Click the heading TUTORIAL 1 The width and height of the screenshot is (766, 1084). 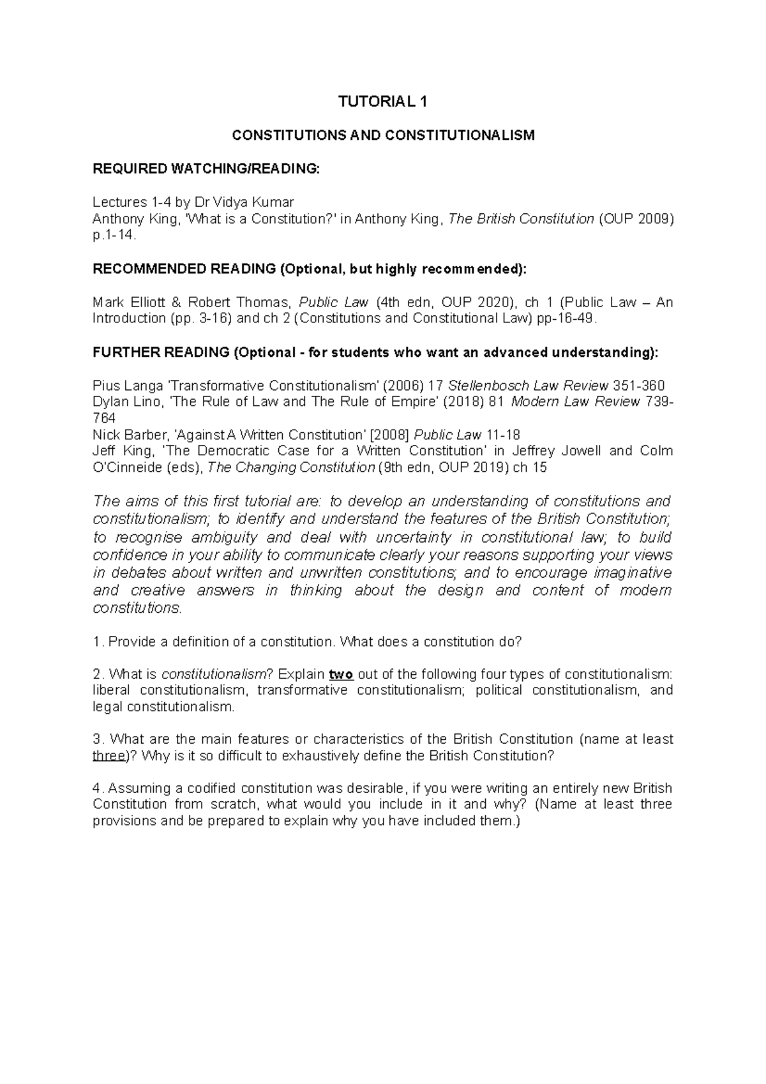pos(382,102)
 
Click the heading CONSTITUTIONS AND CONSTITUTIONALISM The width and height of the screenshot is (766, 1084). pos(382,135)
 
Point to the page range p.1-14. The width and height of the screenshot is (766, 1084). pos(114,236)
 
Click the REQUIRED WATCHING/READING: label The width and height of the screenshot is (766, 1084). pos(205,169)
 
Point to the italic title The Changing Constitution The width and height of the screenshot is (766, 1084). pos(291,467)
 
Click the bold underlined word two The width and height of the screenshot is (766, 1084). pos(342,674)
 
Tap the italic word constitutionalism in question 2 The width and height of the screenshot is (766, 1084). pos(214,674)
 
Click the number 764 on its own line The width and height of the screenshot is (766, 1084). pos(104,418)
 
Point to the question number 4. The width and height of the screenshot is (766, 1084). pos(97,788)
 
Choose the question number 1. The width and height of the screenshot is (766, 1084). pos(97,642)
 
